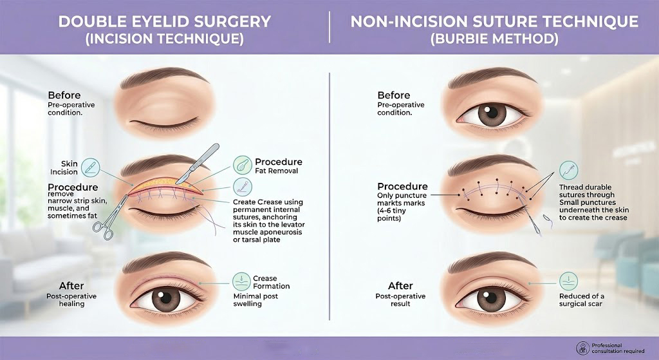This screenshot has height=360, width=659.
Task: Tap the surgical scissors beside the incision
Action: coord(110,217)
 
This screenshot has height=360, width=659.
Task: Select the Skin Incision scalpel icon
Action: coord(90,167)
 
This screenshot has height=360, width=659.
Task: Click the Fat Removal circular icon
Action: coord(243,165)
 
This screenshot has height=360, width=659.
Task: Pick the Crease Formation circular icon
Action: coord(242,281)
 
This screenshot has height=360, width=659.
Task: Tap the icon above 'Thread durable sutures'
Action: coord(569,170)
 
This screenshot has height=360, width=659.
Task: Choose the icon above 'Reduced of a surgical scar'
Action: coord(569,281)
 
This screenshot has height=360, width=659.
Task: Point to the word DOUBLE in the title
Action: coord(86,22)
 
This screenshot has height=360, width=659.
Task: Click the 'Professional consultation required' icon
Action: coord(583,348)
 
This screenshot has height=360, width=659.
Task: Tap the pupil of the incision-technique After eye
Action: coord(166,298)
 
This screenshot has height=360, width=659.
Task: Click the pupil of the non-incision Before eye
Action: coord(491,112)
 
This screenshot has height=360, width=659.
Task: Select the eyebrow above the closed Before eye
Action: coord(164,78)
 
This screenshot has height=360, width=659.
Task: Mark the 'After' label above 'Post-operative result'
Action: coord(400,286)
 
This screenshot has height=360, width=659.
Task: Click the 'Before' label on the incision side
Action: coord(64,95)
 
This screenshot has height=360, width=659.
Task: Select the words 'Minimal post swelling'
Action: coord(255,300)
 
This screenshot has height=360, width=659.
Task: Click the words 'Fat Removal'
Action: coord(277,171)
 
